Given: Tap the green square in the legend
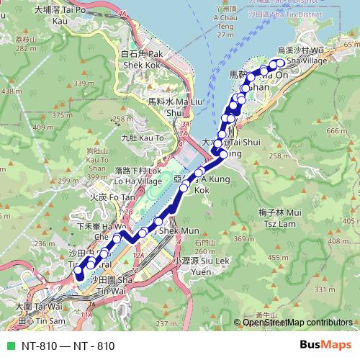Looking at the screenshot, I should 11,346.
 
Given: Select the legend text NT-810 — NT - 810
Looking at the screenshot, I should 68,346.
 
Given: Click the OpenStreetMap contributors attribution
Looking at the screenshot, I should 297,323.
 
